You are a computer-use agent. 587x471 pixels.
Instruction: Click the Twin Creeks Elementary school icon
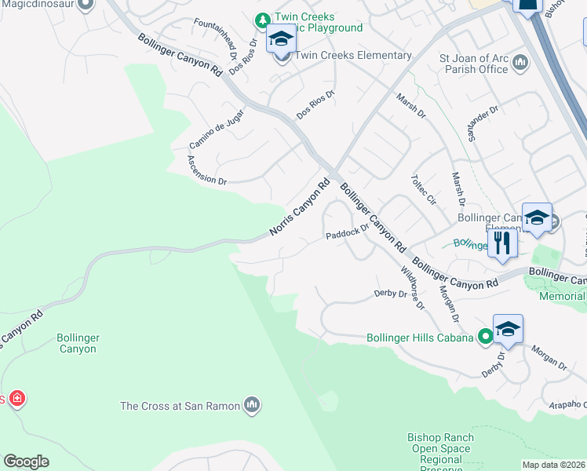tap(280, 38)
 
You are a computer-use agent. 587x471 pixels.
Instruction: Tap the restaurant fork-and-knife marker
tap(502, 242)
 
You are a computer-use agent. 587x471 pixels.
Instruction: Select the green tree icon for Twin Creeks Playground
tap(264, 17)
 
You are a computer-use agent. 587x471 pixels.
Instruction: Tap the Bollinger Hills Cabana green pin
tap(486, 338)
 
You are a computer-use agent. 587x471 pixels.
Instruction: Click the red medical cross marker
tap(16, 399)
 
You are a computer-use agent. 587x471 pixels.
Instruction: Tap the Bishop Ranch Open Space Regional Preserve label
tap(440, 454)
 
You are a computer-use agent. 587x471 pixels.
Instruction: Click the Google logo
tap(26, 462)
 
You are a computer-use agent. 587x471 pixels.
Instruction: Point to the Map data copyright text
tap(553, 465)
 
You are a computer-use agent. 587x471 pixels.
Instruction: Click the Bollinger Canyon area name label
tap(78, 343)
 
